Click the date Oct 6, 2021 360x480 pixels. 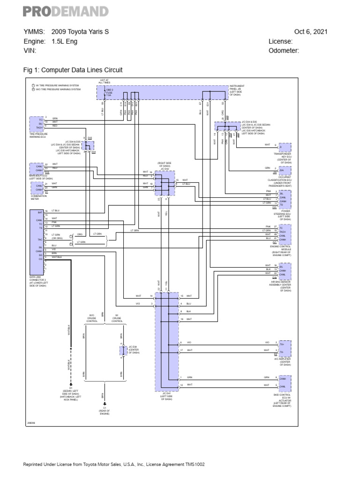tap(311, 32)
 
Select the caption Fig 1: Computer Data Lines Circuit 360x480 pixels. tap(73, 70)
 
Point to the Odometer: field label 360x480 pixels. tap(284, 51)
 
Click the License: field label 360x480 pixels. tap(280, 41)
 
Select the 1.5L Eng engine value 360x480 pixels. tap(65, 41)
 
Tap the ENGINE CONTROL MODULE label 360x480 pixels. tap(282, 249)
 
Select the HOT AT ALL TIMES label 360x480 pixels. tap(104, 82)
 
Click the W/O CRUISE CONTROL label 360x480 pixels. tap(92, 318)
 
